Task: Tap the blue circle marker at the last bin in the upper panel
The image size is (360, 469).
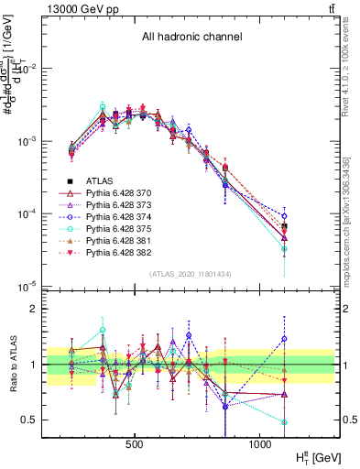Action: point(284,216)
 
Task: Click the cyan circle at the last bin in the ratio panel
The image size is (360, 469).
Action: point(284,423)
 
